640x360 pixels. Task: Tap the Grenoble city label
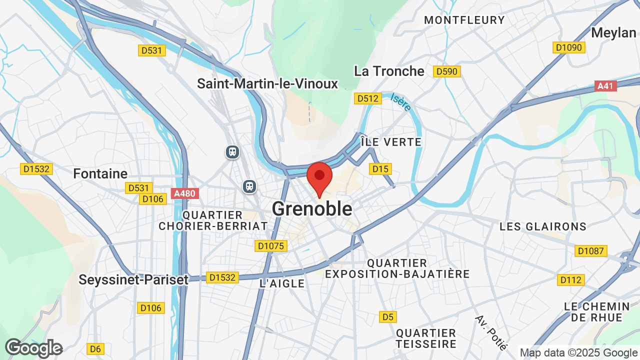point(312,209)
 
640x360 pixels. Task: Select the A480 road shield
point(185,193)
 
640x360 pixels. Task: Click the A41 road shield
point(605,86)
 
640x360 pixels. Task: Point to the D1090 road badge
point(569,47)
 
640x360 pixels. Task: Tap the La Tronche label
point(389,71)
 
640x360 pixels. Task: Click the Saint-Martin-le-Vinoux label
point(267,83)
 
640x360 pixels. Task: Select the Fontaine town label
point(100,173)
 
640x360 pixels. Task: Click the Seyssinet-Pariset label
point(133,279)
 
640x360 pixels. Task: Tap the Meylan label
point(613,32)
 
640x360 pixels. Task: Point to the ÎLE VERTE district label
point(390,142)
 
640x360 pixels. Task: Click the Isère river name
point(400,102)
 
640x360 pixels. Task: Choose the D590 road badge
point(446,71)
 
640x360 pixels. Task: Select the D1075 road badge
point(270,246)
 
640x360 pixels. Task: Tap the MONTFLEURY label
point(464,20)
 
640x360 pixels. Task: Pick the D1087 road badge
point(591,251)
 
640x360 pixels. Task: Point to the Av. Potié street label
point(491,332)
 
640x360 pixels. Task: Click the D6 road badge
point(94,348)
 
